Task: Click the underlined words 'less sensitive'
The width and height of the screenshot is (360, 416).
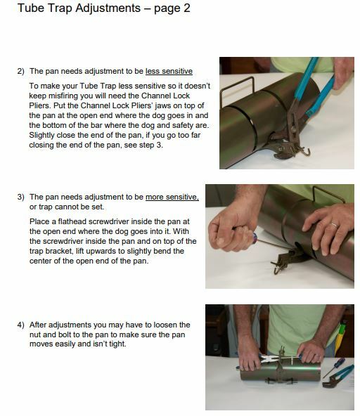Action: pos(169,72)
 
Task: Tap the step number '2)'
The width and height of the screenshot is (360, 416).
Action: pos(20,72)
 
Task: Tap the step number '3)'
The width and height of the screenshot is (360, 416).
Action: pos(20,197)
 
